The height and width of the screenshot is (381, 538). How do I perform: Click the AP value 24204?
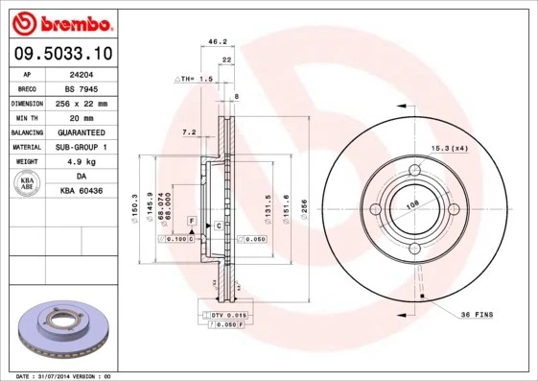click(81, 73)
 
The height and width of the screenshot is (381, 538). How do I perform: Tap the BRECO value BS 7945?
click(81, 87)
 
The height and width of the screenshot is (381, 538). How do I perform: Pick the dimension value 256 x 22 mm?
click(81, 103)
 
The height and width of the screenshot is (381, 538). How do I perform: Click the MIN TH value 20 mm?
click(81, 117)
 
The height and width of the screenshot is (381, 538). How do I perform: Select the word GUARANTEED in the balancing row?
click(81, 132)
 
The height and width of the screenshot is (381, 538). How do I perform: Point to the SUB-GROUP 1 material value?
click(81, 147)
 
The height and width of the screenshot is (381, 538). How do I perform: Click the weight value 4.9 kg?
click(81, 162)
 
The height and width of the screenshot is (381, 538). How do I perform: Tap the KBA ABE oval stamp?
click(29, 183)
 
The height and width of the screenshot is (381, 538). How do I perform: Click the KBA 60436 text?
click(81, 191)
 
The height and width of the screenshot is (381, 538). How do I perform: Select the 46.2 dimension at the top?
click(217, 42)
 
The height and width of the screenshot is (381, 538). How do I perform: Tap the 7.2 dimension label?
click(189, 131)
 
